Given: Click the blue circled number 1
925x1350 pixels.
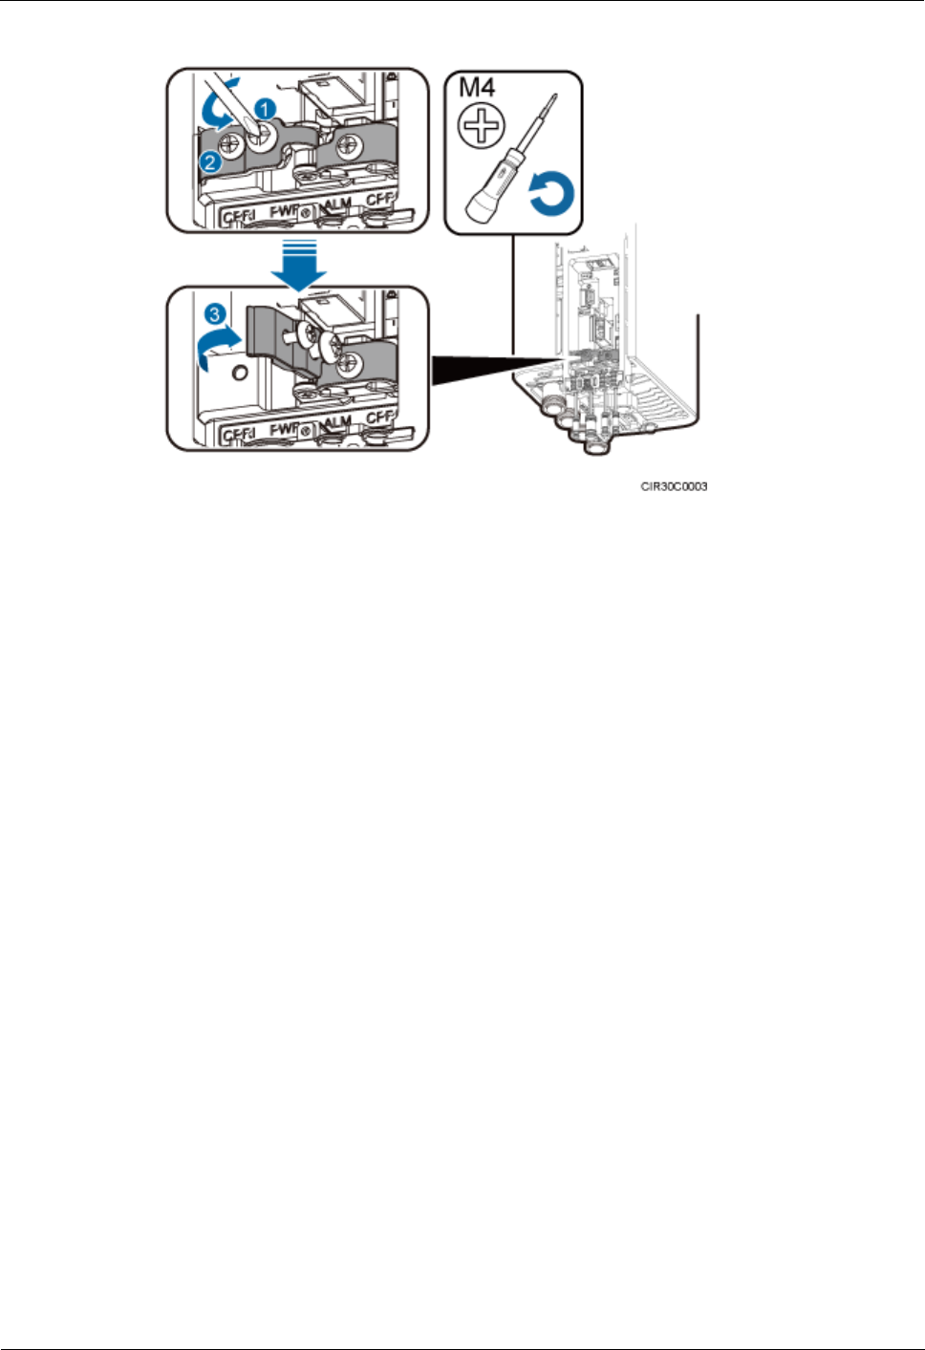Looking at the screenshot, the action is pyautogui.click(x=269, y=111).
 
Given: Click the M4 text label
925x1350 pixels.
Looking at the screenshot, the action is pyautogui.click(x=478, y=89).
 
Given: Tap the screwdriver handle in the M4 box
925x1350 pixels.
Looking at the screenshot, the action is pyautogui.click(x=492, y=185).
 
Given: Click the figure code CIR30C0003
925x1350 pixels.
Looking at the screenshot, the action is pyautogui.click(x=675, y=486).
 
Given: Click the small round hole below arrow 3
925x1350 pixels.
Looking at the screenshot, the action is pyautogui.click(x=240, y=370).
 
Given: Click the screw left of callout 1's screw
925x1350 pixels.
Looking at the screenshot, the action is pyautogui.click(x=230, y=144).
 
